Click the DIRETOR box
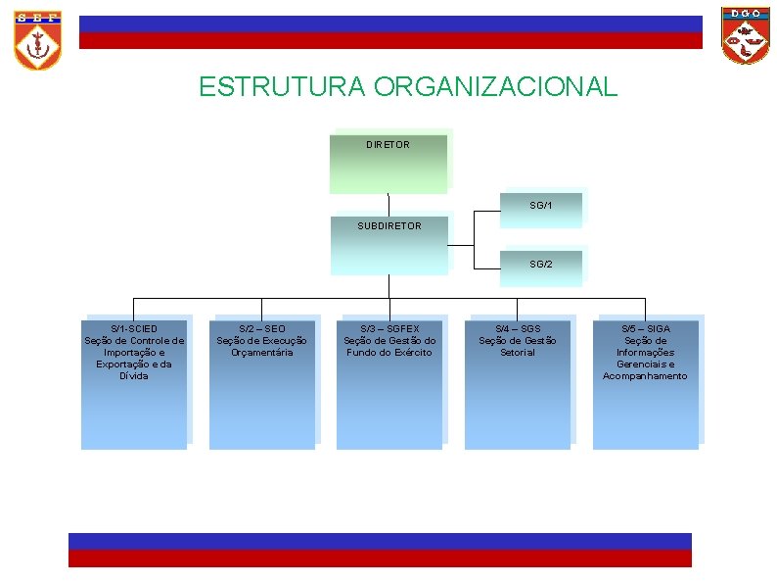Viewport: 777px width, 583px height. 388,163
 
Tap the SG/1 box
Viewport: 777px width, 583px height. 540,208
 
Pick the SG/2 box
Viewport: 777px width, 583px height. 540,267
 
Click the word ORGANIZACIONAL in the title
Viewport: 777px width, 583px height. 495,87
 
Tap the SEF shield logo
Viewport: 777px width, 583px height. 37,39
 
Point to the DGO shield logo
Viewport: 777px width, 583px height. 746,35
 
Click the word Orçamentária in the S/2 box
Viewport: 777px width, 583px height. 261,353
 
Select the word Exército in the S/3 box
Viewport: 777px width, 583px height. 411,353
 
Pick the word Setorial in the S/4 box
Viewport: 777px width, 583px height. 517,353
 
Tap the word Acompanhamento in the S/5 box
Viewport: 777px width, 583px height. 645,376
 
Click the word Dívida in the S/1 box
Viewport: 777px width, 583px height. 134,376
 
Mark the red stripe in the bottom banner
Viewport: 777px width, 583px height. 380,558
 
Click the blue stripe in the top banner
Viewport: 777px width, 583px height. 390,24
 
